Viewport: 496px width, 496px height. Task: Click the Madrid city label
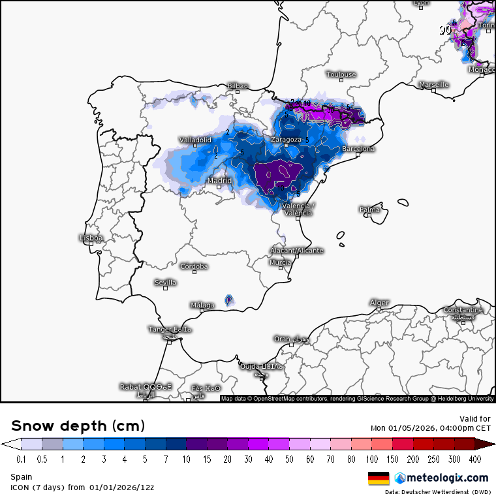219,181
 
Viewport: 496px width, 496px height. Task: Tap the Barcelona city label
359,149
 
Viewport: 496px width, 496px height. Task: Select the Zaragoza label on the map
286,140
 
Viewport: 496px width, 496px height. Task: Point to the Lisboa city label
91,238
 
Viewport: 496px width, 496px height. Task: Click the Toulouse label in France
341,74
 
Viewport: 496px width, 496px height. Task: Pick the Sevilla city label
165,283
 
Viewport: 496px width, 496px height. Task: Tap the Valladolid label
195,140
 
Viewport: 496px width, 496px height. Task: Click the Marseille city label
434,85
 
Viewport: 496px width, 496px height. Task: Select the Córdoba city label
194,266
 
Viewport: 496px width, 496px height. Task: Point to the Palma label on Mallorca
369,209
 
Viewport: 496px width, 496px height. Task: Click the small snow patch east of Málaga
229,300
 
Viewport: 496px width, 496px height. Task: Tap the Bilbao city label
238,86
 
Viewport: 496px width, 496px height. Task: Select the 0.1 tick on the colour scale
21,459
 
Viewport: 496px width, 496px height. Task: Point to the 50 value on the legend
288,459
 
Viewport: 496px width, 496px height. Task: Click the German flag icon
379,478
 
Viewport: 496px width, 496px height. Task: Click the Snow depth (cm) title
78,426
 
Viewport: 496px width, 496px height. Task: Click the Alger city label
379,303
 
